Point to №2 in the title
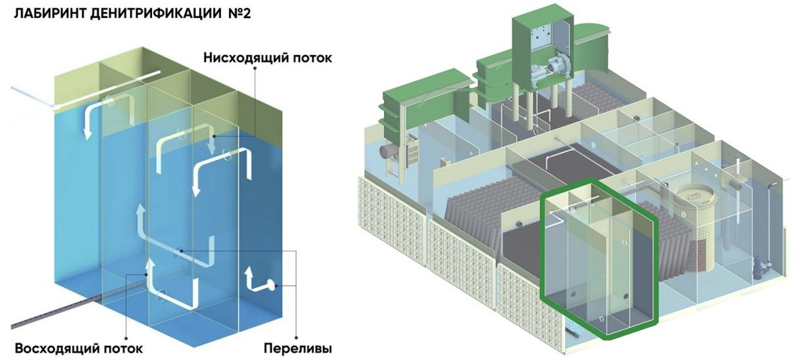pyautogui.click(x=237, y=14)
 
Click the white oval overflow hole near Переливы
pyautogui.click(x=274, y=286)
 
